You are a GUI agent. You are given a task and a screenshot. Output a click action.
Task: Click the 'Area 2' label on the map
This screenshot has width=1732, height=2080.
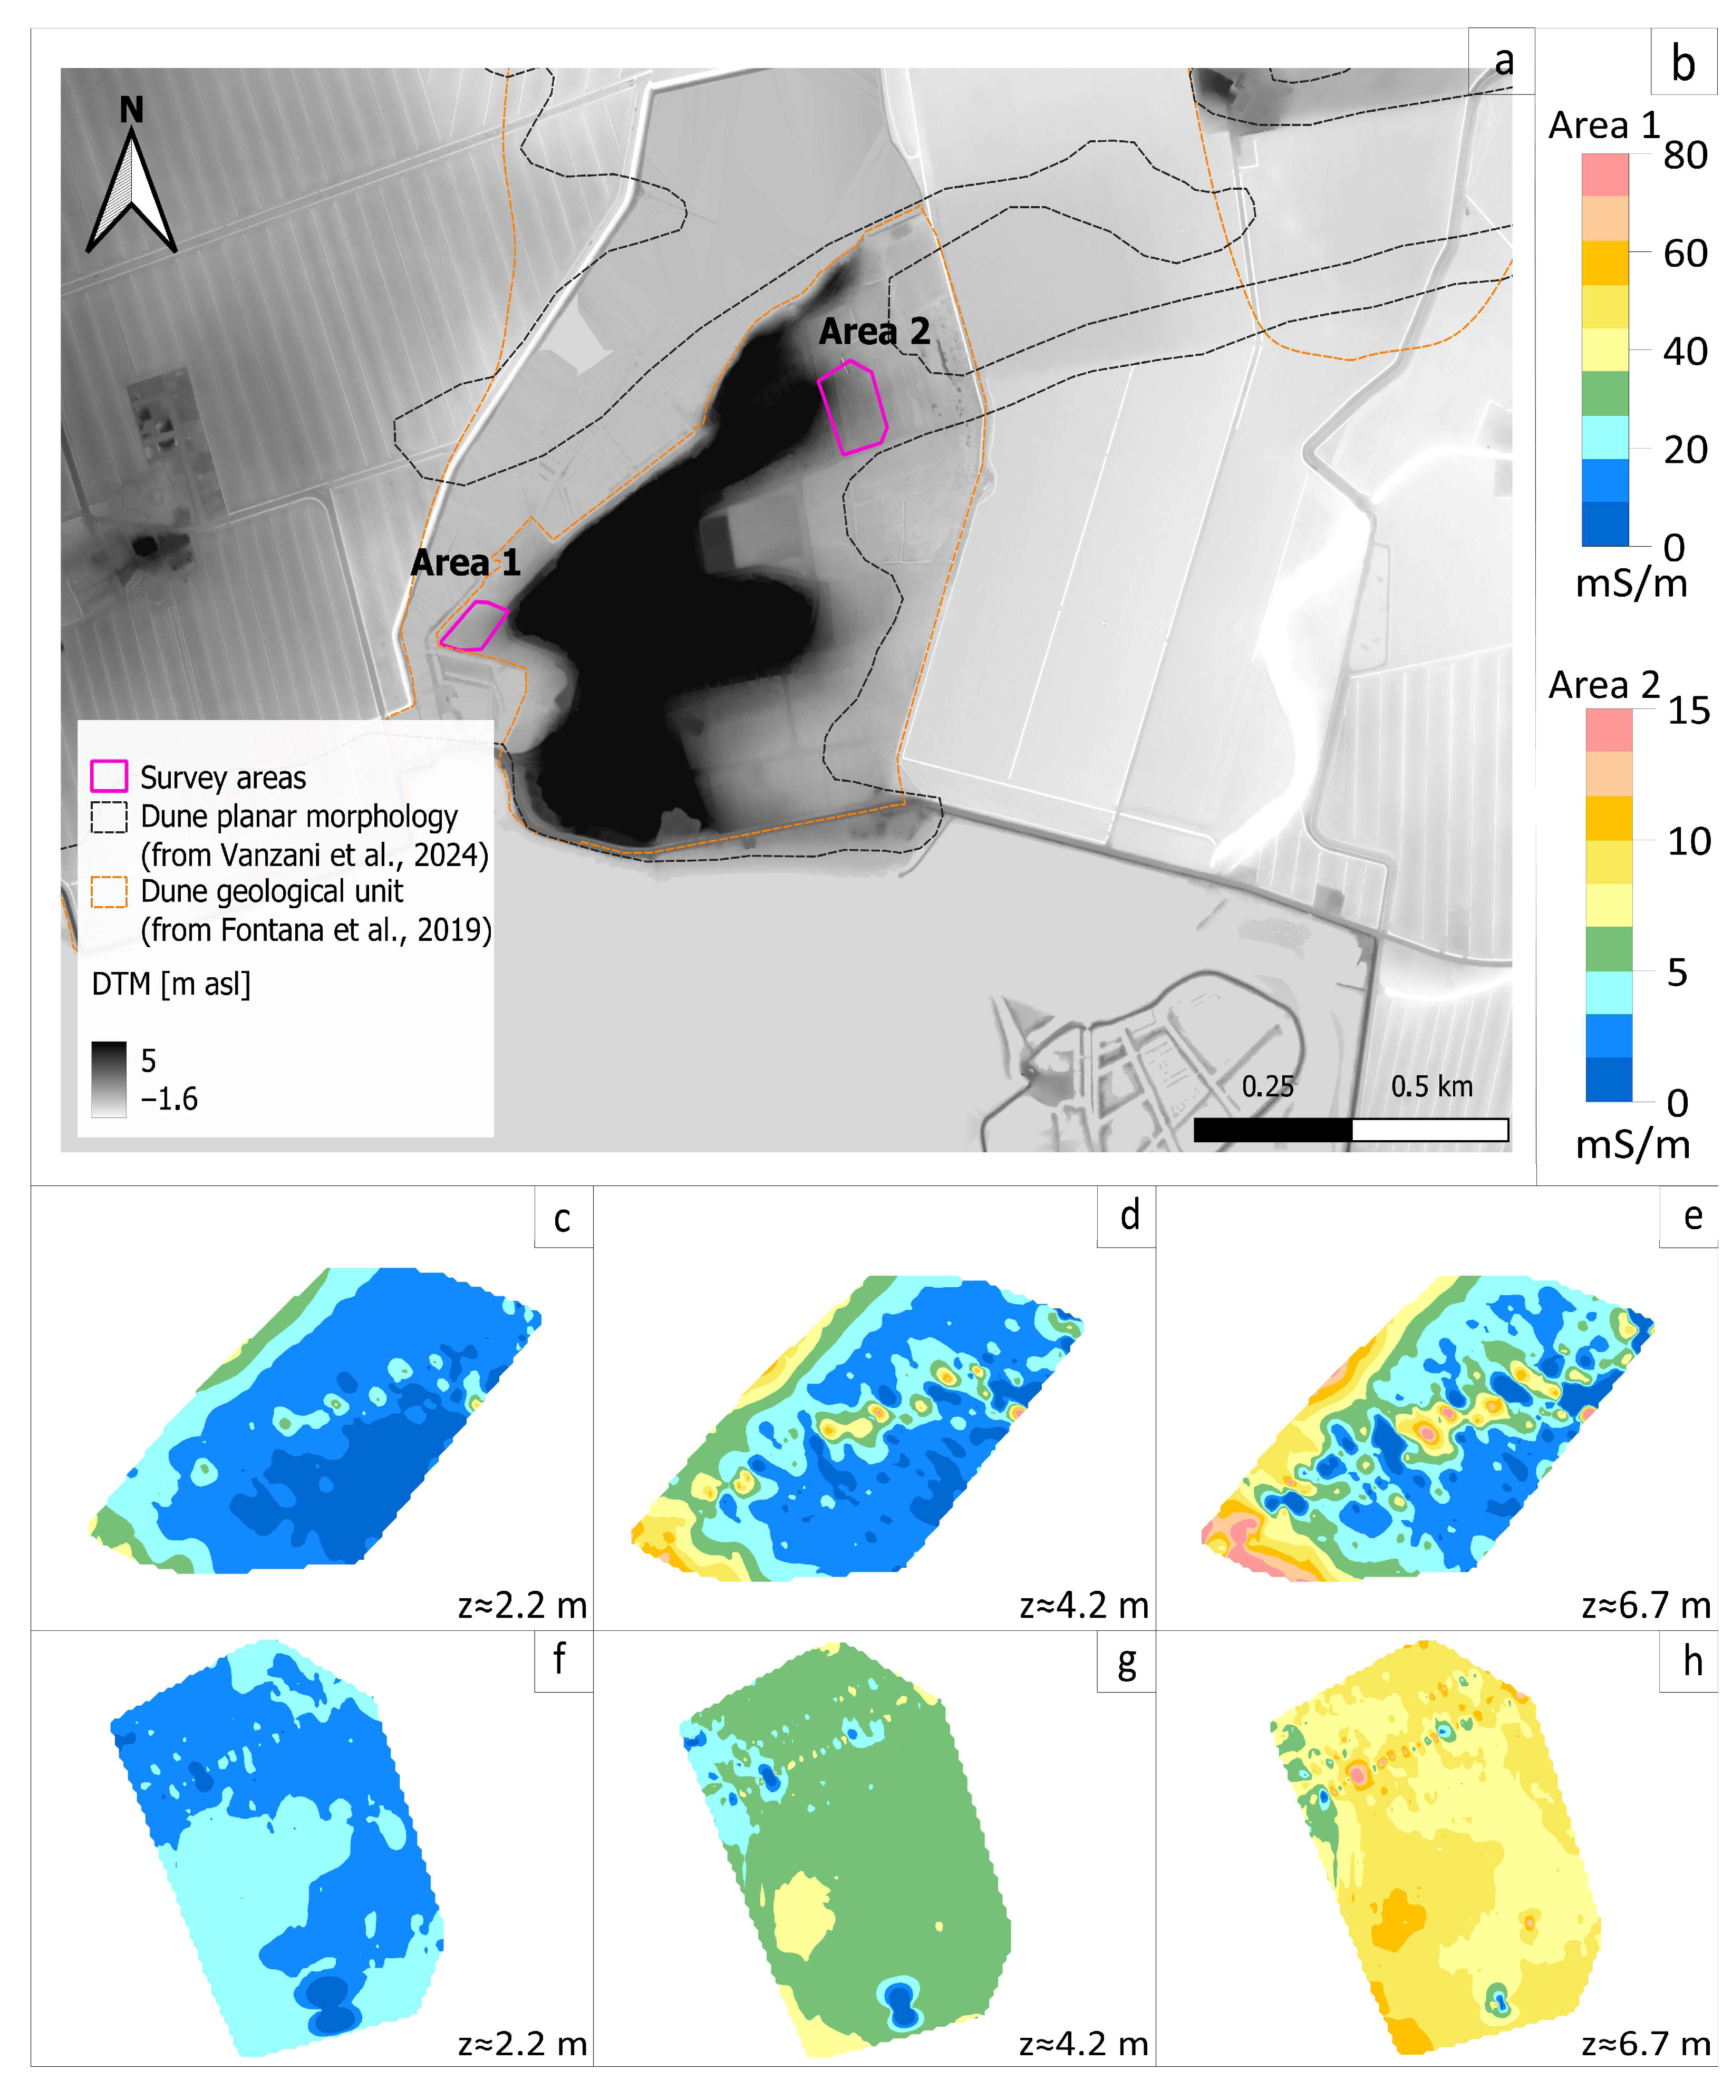point(874,332)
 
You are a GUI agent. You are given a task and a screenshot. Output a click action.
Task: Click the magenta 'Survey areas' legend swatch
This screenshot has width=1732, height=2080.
point(109,776)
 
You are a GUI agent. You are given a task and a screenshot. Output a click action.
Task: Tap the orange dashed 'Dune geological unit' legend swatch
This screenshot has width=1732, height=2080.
point(109,892)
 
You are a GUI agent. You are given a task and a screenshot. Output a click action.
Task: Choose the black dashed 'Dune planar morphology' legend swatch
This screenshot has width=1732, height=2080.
point(109,817)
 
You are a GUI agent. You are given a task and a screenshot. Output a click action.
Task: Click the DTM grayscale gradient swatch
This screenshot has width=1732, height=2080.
point(109,1080)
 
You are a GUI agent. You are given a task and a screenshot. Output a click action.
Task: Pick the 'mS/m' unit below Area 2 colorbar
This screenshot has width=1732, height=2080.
point(1632,1145)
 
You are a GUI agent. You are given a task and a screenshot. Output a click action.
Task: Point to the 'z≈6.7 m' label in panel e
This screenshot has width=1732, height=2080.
point(1646,1605)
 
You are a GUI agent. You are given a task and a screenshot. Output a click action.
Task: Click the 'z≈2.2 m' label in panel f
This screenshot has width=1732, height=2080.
point(522,2044)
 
